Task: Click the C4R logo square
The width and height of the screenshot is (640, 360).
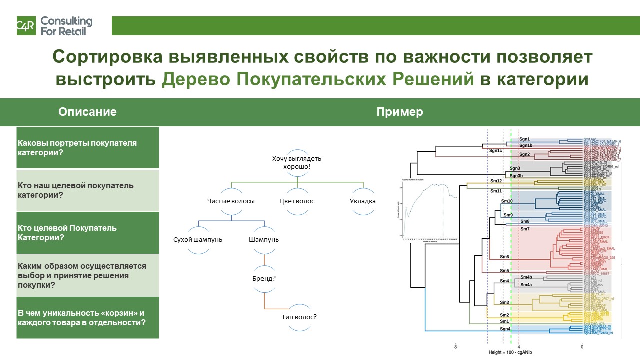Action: [25, 26]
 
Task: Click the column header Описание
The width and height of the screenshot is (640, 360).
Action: [87, 112]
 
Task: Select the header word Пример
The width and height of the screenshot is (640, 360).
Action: [399, 112]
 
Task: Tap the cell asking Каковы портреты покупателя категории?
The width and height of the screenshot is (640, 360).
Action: [87, 148]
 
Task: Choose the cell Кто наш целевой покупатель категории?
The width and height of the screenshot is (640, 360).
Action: [87, 190]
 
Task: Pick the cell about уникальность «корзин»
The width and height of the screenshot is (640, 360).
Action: [87, 318]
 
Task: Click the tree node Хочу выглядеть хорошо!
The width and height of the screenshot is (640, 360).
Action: [297, 162]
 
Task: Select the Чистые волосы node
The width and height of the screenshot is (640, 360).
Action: [231, 201]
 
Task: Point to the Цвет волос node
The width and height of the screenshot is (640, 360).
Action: [297, 201]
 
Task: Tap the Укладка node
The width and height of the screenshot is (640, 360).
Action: [363, 201]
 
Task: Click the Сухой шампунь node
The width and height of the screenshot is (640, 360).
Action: [198, 240]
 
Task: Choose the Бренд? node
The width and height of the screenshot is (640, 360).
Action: [264, 278]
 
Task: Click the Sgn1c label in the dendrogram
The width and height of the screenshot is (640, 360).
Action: [495, 150]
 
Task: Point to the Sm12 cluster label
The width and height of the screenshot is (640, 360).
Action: [496, 180]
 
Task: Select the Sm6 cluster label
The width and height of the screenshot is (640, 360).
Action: [505, 257]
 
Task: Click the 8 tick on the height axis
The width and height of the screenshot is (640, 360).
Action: [456, 346]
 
